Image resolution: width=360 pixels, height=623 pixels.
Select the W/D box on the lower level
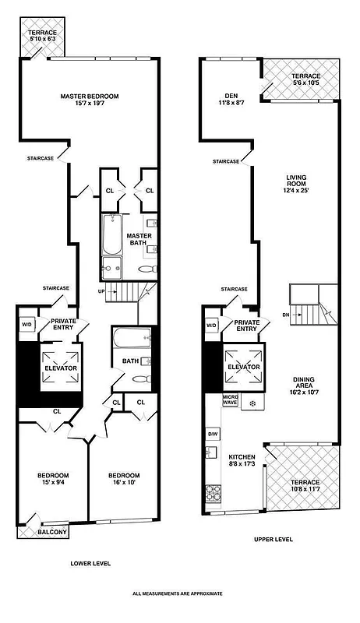point(26,325)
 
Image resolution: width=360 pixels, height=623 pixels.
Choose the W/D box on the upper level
point(211,326)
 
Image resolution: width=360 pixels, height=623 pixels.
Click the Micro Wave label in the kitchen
point(230,403)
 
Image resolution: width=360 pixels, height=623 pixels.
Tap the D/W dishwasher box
point(212,433)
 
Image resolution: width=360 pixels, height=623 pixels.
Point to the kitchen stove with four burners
point(212,494)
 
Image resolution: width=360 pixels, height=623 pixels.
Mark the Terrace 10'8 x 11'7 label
point(305,487)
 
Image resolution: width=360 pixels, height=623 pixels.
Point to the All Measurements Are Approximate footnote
point(178,593)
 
